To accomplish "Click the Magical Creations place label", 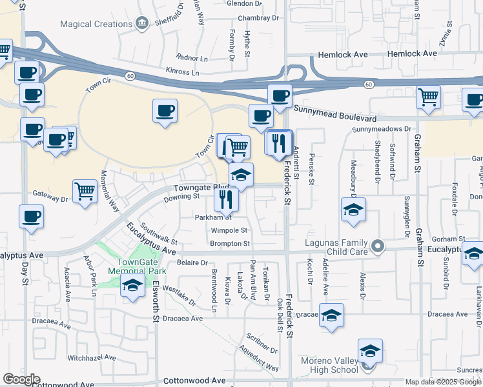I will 96,24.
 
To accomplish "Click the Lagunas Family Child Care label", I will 337,246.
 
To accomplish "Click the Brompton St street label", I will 229,243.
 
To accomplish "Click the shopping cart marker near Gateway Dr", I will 85,192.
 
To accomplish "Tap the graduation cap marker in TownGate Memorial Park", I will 132,286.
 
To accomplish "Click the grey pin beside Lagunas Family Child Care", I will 378,245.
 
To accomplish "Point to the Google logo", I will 22,379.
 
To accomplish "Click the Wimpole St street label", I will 229,230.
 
